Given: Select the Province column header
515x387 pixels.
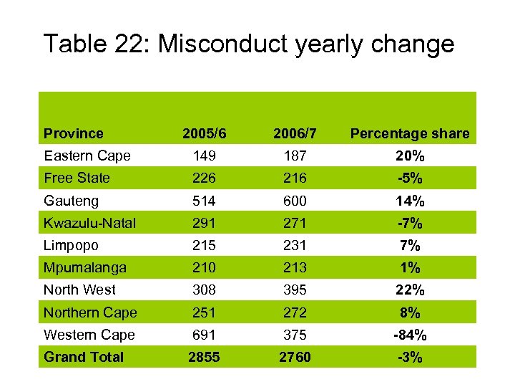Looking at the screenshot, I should coord(73,133).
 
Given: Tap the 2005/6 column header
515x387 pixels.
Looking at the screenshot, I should coord(205,133).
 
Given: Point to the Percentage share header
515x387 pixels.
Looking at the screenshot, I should coord(409,133).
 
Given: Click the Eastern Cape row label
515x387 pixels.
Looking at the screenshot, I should coord(87,156).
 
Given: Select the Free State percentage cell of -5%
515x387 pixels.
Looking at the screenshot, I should coord(410,178).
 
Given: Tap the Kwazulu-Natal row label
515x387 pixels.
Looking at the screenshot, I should coord(89,223).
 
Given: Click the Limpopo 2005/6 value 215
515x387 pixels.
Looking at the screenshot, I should coord(205,245).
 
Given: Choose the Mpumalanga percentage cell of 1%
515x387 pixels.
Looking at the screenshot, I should coord(410,267).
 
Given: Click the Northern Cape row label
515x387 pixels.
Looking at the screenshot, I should coord(90,312).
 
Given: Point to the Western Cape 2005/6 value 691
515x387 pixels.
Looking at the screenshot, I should coord(205,335).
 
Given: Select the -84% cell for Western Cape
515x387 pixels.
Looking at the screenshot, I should coord(410,335).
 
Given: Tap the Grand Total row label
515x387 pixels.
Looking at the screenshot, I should coord(84,357).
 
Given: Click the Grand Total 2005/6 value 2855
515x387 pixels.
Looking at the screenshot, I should coord(205,357).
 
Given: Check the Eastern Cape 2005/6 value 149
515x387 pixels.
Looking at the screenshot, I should coord(205,156).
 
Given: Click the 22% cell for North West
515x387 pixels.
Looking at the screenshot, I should coord(410,290).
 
